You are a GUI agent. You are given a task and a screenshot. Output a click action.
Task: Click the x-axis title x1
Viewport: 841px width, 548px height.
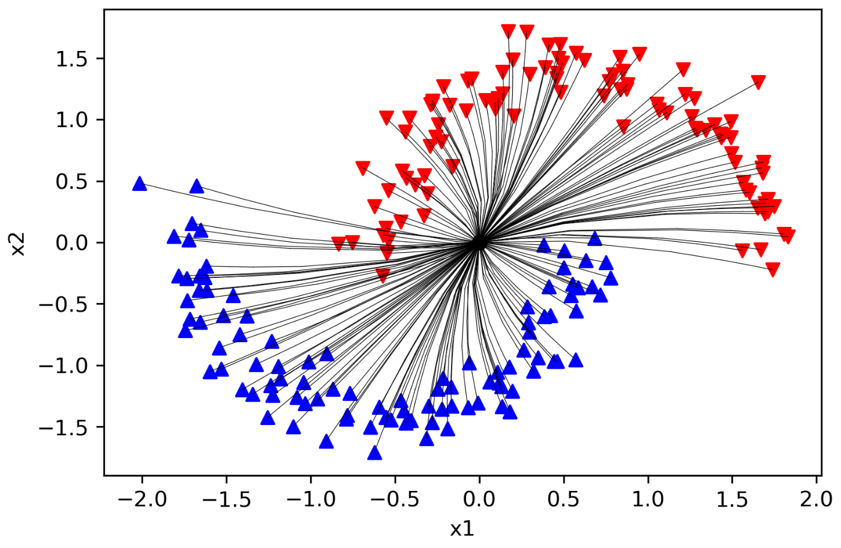462,529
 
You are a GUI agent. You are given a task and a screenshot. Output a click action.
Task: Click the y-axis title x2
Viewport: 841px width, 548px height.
17,244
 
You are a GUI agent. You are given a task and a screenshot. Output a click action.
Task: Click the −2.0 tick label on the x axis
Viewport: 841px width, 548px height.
142,500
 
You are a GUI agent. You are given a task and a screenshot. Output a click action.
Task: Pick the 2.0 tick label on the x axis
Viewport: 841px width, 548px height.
816,500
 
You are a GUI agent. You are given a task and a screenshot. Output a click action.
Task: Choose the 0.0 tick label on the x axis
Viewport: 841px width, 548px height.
479,500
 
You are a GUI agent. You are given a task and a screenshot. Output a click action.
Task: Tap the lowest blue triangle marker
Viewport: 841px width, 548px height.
375,453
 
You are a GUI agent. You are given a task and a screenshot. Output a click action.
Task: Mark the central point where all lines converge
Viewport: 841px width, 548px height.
479,242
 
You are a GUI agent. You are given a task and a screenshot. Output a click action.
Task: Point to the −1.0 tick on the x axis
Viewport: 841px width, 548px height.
311,478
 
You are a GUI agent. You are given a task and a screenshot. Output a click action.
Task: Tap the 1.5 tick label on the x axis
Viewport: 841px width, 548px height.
732,500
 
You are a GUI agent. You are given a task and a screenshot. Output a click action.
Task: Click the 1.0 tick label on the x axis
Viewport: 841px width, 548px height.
648,500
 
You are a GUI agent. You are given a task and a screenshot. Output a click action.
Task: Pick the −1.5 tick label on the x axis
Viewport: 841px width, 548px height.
226,500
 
